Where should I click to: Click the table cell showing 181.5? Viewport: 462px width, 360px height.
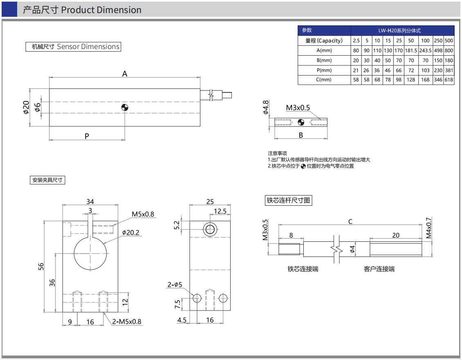[x=411, y=51]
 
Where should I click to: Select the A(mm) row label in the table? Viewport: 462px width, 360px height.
[x=324, y=51]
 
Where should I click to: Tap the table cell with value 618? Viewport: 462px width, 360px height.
[x=449, y=80]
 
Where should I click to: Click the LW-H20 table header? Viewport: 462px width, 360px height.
[x=402, y=31]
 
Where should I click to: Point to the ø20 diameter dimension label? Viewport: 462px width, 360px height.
[x=26, y=107]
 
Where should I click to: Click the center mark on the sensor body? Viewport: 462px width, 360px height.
[x=125, y=107]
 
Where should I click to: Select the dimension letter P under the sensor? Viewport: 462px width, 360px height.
[x=87, y=136]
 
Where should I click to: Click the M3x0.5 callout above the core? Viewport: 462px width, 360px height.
[x=298, y=108]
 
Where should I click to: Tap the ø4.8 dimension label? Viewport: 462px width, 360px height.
[x=266, y=107]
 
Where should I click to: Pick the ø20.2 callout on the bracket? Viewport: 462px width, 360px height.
[x=131, y=233]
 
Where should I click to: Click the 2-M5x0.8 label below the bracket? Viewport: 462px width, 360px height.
[x=127, y=322]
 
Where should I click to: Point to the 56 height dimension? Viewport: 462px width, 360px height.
[x=41, y=266]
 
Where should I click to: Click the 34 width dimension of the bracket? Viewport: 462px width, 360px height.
[x=90, y=201]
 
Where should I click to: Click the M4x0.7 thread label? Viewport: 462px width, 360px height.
[x=429, y=228]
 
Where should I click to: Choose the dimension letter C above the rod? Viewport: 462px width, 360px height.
[x=350, y=222]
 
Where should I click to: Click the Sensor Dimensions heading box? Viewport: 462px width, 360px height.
[x=73, y=47]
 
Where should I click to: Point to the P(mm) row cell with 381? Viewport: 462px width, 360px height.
[x=449, y=70]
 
